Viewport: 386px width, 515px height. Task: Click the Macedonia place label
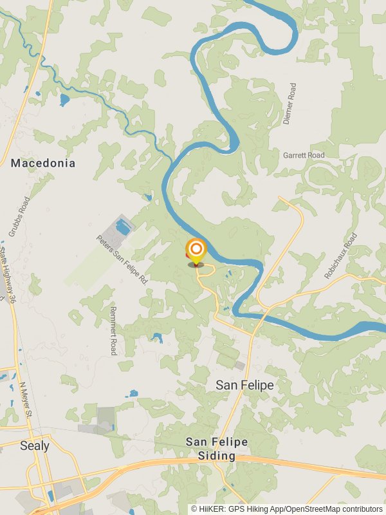(x=43, y=164)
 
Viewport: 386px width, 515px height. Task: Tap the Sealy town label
(x=34, y=445)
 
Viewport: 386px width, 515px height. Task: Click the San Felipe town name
(x=244, y=385)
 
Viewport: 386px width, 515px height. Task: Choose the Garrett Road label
(x=304, y=156)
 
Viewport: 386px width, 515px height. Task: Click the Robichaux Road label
(x=341, y=256)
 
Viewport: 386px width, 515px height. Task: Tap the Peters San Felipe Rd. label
(x=123, y=260)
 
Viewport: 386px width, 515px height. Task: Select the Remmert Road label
(x=113, y=329)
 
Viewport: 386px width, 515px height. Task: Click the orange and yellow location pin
(x=196, y=251)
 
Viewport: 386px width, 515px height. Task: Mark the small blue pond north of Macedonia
(x=64, y=100)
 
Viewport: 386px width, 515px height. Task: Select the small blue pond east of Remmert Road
(x=157, y=337)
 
